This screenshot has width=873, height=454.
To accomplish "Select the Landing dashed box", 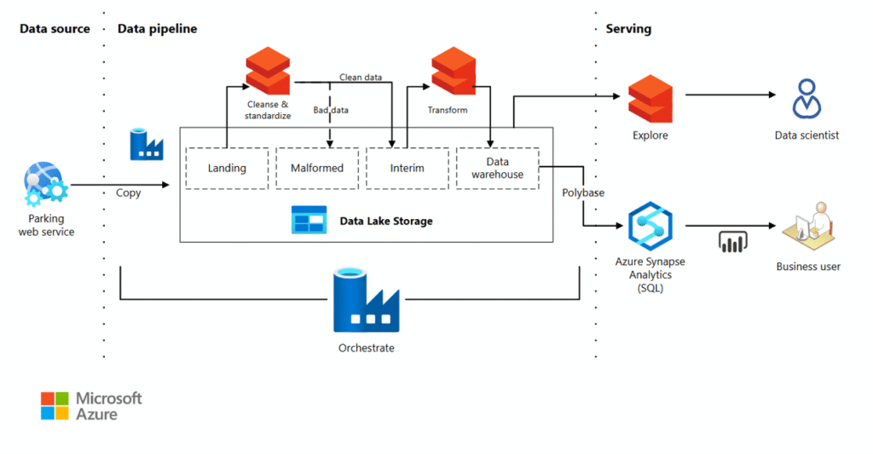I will [x=227, y=168].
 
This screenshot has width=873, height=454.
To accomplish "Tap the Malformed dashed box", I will [x=317, y=168].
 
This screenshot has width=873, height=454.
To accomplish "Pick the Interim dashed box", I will [x=408, y=168].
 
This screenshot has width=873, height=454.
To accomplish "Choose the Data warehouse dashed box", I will [x=498, y=168].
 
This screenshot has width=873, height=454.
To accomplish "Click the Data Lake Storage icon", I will [x=309, y=220].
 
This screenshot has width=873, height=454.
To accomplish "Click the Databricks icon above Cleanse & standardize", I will [x=268, y=71].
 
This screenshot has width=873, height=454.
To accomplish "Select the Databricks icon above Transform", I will [x=453, y=71].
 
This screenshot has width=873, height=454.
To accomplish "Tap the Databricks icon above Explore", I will [x=650, y=99].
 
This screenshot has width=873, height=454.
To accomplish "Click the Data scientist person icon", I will [x=807, y=99].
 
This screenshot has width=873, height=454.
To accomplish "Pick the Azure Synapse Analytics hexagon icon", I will [x=650, y=227].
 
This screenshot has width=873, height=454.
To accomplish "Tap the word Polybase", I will [x=583, y=193].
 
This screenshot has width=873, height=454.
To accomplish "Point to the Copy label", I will [x=129, y=193].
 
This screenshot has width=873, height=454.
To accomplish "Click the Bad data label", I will [x=331, y=110].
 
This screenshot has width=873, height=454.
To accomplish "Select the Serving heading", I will [x=628, y=29].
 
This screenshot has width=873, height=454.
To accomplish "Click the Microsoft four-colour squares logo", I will [x=55, y=405].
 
